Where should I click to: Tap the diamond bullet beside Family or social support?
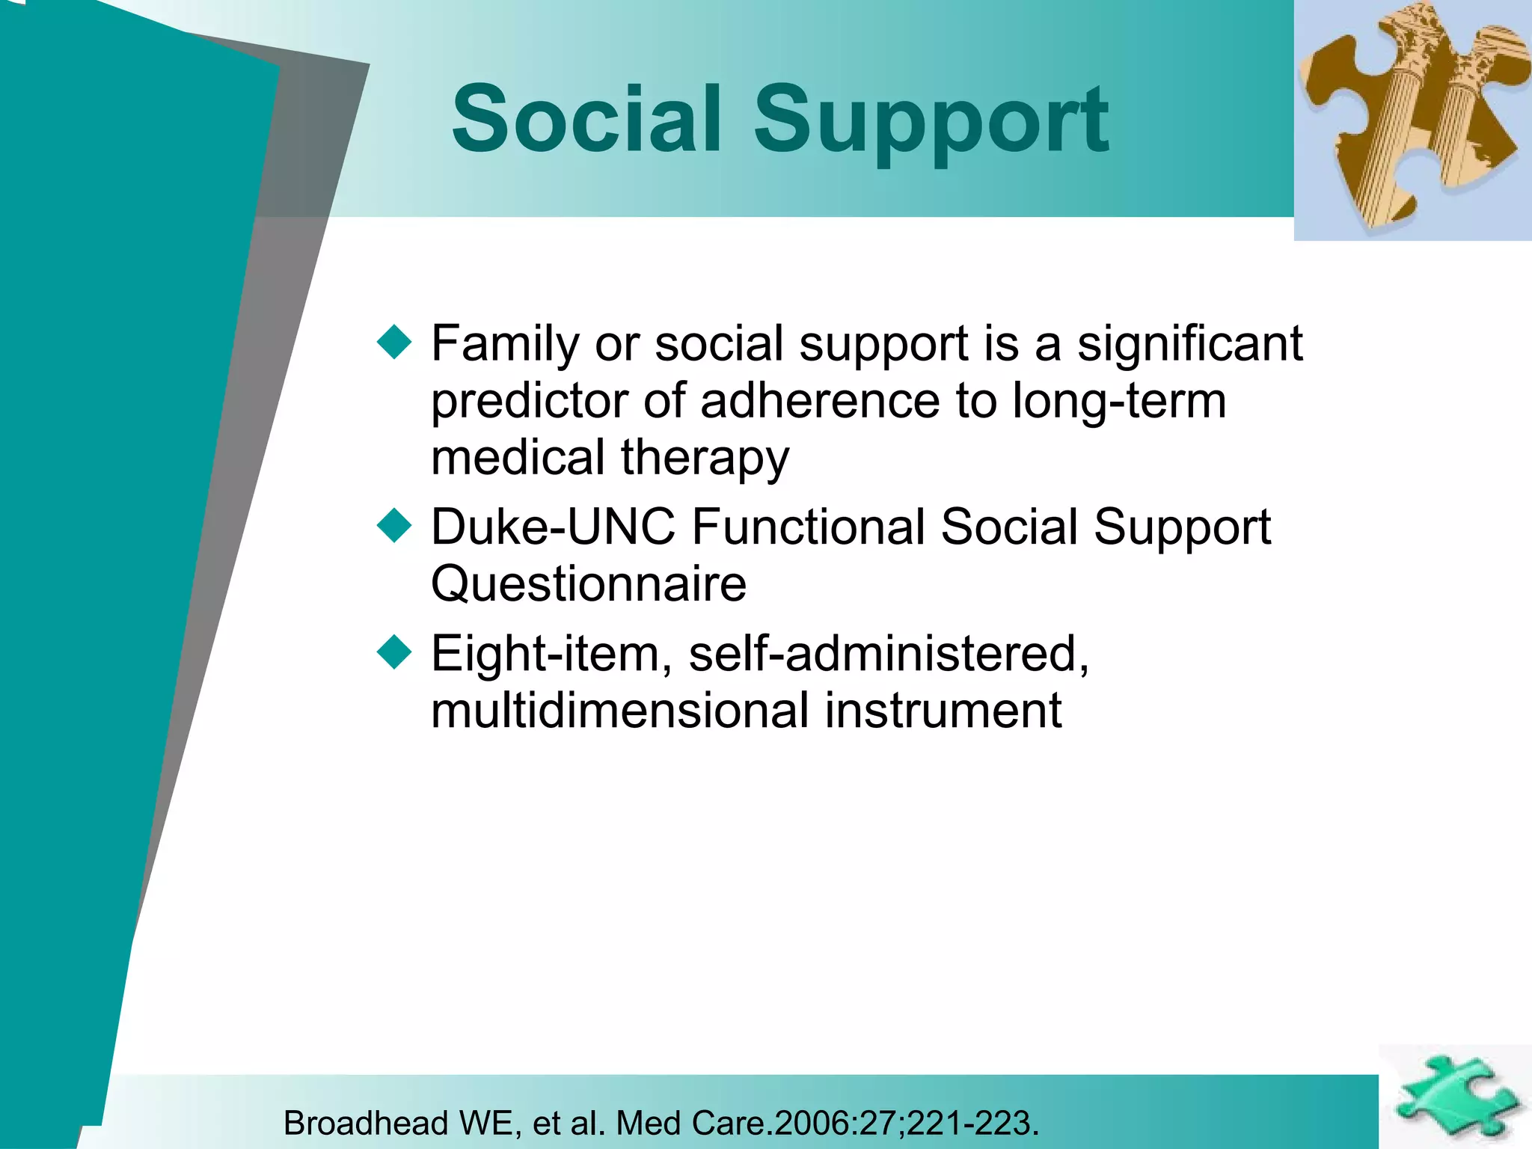click(394, 343)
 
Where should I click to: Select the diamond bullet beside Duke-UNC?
click(394, 525)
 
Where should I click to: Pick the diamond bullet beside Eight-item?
click(394, 652)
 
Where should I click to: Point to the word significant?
click(1189, 344)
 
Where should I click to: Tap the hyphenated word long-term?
click(1119, 402)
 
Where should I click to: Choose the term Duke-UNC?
click(553, 527)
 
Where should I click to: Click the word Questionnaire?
click(589, 584)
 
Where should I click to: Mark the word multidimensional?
click(620, 710)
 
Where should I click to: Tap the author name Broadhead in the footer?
click(365, 1123)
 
